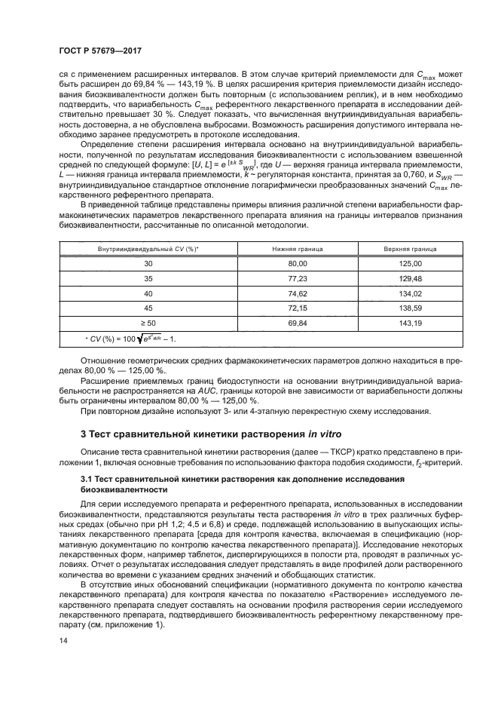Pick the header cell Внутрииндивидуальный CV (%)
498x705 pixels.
(147, 247)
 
